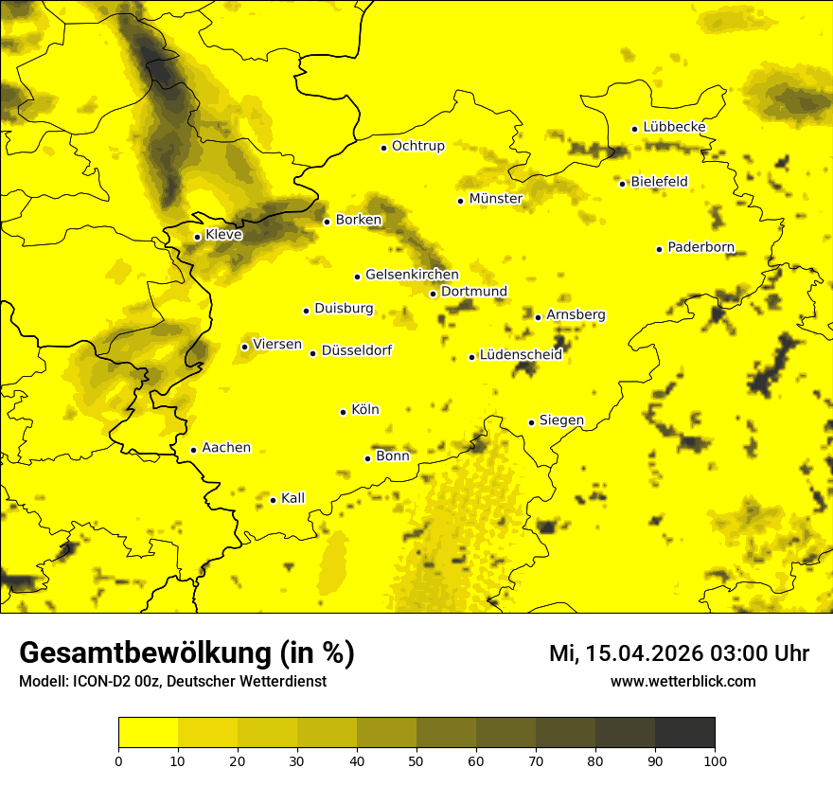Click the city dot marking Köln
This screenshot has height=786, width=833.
click(344, 412)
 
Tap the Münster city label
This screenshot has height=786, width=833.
click(496, 199)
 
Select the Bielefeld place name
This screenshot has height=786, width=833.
click(659, 182)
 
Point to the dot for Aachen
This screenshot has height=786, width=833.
click(193, 450)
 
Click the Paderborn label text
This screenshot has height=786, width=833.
click(700, 248)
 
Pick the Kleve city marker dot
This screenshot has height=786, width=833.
click(197, 237)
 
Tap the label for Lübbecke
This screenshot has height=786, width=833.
click(674, 127)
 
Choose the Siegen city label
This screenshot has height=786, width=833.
click(561, 420)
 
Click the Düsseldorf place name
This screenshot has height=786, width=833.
click(357, 351)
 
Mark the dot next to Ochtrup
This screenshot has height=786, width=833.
click(384, 148)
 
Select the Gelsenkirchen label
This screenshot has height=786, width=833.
click(412, 275)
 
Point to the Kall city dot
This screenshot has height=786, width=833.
click(273, 500)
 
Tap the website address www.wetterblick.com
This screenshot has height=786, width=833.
click(683, 682)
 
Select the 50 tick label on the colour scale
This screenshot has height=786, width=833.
click(416, 760)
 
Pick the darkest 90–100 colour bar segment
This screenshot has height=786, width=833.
click(684, 732)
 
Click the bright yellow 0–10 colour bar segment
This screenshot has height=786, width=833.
click(148, 732)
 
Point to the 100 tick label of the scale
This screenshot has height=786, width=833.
click(715, 760)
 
